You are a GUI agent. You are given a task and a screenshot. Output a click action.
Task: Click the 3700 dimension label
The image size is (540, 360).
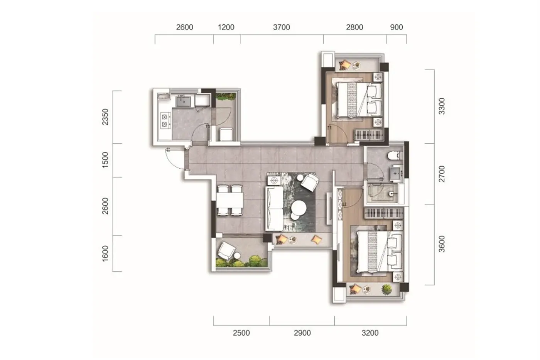[281, 27]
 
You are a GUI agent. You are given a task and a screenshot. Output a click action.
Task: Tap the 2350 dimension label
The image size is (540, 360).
[105, 117]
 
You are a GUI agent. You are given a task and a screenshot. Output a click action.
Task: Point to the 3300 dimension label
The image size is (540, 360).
[442, 106]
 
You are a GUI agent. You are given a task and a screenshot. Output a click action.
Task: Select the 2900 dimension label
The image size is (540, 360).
[302, 333]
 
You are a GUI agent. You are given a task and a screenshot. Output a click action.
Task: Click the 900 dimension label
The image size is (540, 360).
[397, 27]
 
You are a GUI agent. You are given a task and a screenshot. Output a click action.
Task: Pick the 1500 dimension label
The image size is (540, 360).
[105, 160]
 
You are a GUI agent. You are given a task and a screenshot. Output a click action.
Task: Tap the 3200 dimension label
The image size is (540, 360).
[370, 333]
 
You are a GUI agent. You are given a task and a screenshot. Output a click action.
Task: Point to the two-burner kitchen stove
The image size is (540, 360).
[165, 120]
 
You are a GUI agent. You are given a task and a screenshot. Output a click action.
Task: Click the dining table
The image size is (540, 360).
[229, 200]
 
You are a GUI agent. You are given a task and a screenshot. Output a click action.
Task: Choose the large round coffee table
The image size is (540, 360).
[299, 208]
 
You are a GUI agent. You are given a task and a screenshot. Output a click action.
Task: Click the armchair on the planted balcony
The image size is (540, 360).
[227, 250]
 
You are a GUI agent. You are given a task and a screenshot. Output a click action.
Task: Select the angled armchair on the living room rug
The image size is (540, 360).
[310, 182]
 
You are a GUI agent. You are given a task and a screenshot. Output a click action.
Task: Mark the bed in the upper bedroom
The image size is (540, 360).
[359, 100]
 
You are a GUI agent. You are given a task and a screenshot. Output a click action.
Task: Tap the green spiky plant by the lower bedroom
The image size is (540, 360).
[386, 289]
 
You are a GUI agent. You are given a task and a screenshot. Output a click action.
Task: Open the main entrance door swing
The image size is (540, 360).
[174, 158]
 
